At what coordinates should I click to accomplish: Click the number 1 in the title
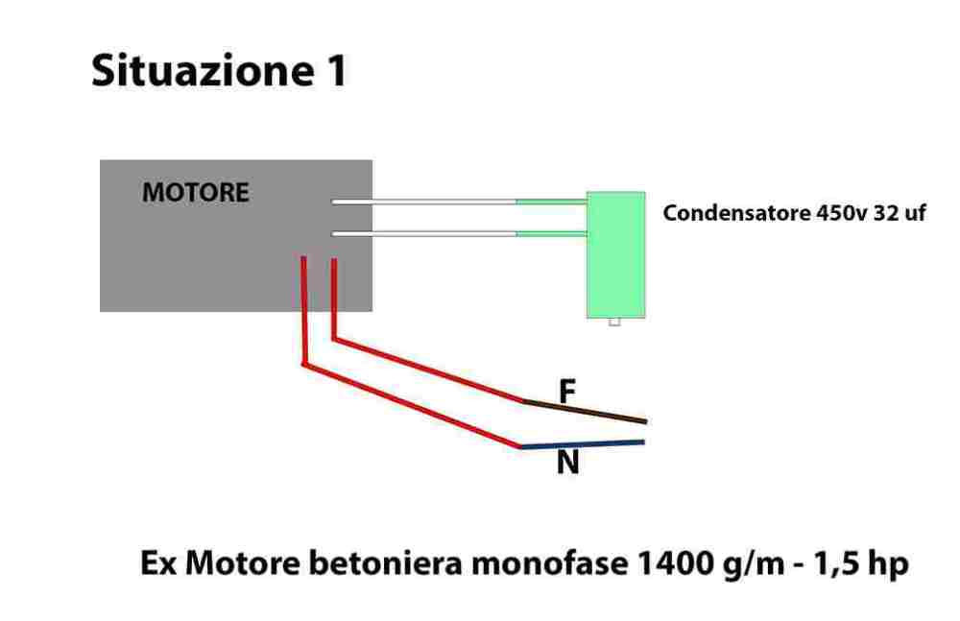tap(330, 72)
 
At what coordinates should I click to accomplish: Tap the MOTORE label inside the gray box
tap(195, 193)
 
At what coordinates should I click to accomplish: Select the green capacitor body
tap(615, 253)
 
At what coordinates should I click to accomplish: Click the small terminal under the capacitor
tap(614, 322)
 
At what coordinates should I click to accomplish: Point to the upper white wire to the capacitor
tap(423, 202)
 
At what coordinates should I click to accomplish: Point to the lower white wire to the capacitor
tap(423, 234)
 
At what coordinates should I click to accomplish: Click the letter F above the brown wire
tap(567, 391)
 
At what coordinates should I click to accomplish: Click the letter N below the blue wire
tap(567, 465)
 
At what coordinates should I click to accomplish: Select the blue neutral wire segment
tap(581, 444)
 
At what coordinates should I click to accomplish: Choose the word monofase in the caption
tap(540, 564)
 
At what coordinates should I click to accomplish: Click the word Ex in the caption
tap(158, 564)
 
